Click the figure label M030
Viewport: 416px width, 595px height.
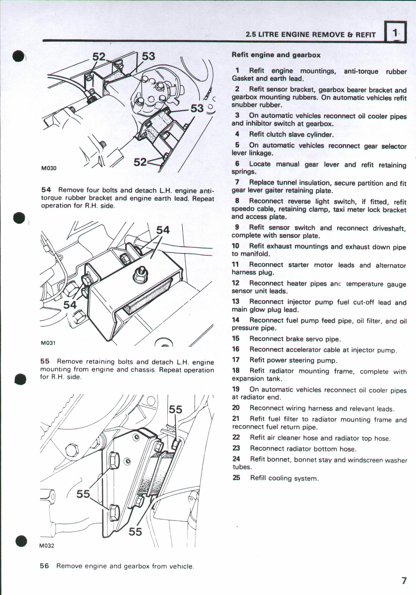tap(49, 168)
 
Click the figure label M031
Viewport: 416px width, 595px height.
tap(48, 343)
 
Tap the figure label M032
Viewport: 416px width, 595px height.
tap(47, 545)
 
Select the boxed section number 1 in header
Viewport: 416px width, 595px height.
tap(395, 33)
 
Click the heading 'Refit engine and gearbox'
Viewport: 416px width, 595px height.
tap(276, 55)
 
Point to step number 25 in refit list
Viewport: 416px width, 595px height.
tap(236, 477)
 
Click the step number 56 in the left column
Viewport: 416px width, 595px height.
tap(44, 566)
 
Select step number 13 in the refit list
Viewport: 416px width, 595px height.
tap(236, 301)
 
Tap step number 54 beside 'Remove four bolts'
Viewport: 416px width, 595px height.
tap(46, 190)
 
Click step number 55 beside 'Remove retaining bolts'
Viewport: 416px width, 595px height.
tap(45, 361)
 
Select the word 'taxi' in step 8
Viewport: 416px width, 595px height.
tap(339, 209)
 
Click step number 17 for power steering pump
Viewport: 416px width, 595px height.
tap(236, 360)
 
